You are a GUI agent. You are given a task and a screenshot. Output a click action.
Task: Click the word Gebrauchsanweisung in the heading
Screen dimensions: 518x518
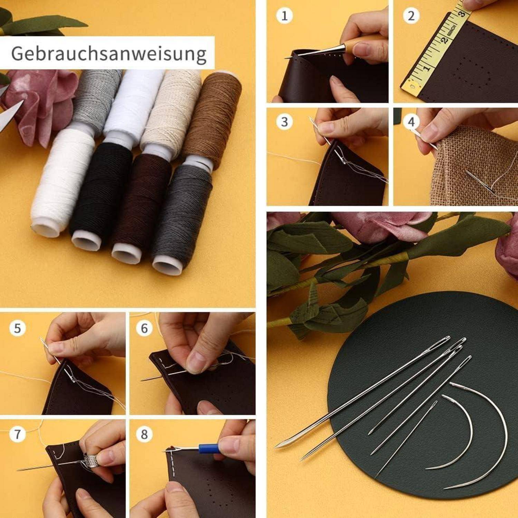[x=109, y=54]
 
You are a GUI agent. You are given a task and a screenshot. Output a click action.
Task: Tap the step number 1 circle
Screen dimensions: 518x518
[x=284, y=16]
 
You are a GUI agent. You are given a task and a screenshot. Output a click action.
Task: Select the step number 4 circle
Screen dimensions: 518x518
[x=411, y=122]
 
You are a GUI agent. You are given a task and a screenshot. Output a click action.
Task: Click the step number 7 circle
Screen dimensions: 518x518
[x=17, y=434]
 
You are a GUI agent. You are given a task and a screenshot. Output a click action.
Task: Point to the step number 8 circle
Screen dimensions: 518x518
[x=144, y=434]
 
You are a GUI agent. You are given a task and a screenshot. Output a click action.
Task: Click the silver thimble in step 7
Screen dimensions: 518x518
[x=90, y=459]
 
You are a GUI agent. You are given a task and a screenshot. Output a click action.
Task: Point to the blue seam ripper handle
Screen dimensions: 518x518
[x=208, y=449]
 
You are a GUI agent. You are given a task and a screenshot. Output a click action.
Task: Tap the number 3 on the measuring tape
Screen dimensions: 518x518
[x=462, y=14]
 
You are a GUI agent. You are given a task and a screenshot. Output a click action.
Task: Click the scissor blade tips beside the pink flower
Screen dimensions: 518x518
[x=10, y=111]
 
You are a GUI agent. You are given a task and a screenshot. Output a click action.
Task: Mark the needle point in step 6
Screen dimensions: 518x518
[x=142, y=380]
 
